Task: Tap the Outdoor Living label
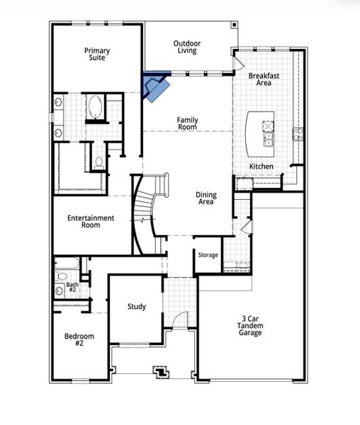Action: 187,47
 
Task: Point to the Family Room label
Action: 187,123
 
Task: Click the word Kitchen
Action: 261,166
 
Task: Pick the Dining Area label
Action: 206,198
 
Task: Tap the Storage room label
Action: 208,255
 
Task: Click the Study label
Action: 137,307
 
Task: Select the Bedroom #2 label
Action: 79,339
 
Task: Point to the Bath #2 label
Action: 72,288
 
